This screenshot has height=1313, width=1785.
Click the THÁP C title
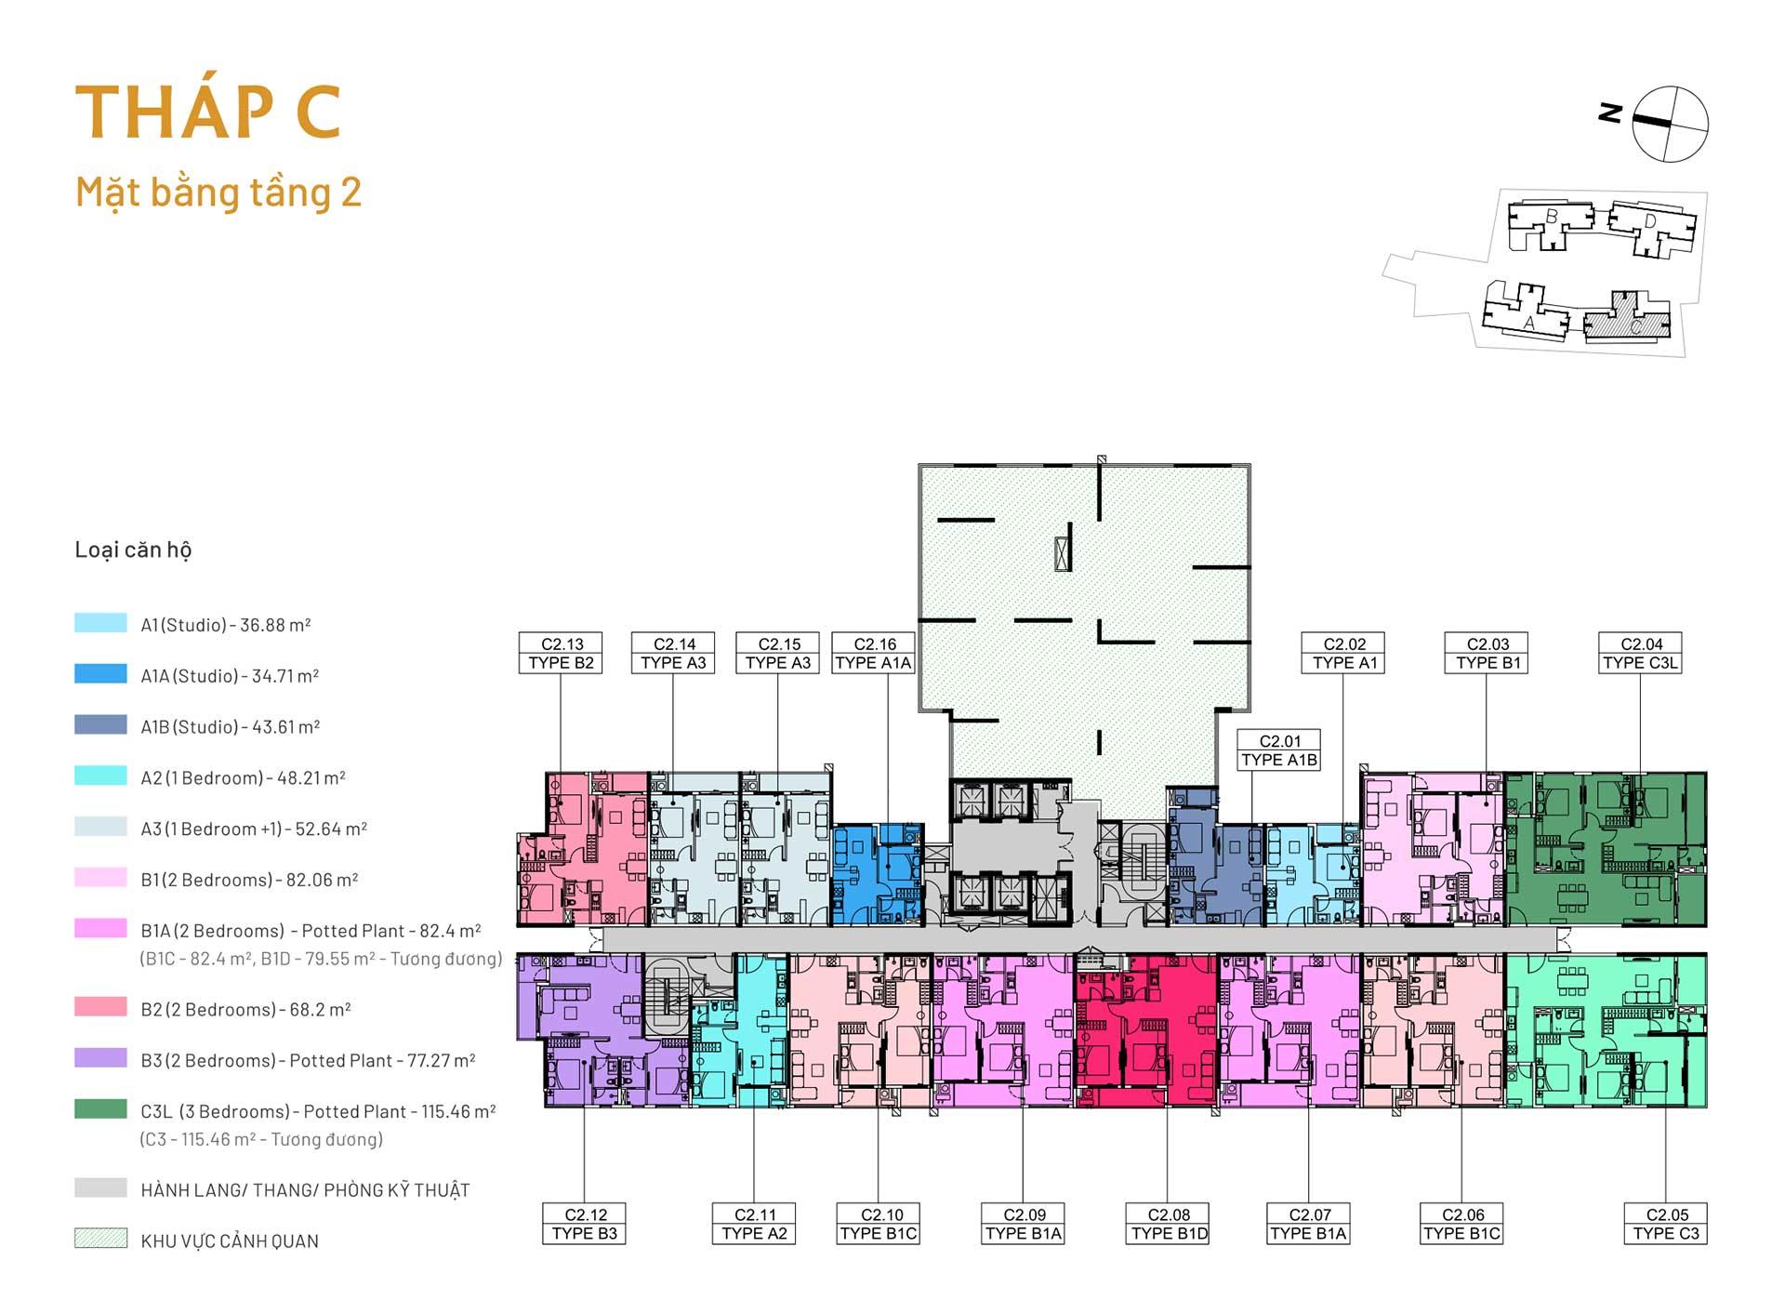tap(208, 112)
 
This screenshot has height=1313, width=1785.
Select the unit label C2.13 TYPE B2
tap(561, 653)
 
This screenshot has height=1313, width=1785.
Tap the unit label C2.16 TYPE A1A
tap(873, 653)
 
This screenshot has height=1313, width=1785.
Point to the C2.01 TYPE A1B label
tap(1279, 749)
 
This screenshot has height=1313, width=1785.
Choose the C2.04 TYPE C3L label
tap(1640, 653)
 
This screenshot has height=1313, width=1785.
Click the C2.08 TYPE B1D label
tap(1169, 1224)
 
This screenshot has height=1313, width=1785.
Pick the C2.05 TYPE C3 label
tap(1665, 1224)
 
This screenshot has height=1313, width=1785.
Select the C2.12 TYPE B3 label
tap(584, 1224)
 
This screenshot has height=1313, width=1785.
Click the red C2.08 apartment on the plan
tap(1145, 1029)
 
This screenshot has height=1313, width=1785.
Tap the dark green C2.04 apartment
tap(1606, 849)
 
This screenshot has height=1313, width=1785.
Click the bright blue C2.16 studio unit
tap(878, 874)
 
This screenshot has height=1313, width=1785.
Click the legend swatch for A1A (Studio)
tap(100, 674)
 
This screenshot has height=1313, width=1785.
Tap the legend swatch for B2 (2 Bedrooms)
tap(100, 1007)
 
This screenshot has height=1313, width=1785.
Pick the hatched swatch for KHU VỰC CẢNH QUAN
tap(100, 1238)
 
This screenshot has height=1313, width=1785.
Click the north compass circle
tap(1671, 124)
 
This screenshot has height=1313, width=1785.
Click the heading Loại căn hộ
tap(133, 550)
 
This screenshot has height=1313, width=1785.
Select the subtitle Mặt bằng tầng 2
tap(218, 192)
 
